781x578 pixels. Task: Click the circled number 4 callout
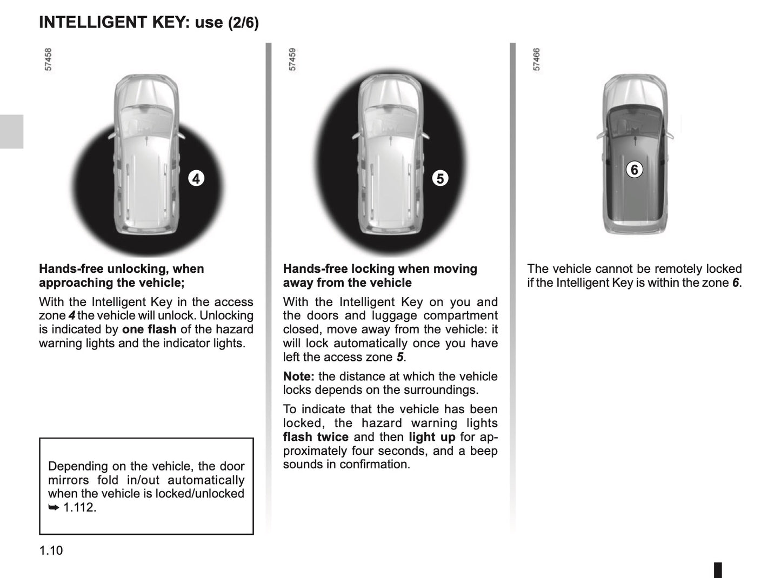tap(196, 178)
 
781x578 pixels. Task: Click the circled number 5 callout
tap(440, 178)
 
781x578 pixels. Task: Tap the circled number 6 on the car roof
tap(635, 170)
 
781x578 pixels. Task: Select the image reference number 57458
tap(49, 59)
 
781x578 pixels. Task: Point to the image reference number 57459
tap(293, 59)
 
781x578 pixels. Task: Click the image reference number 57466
tap(537, 59)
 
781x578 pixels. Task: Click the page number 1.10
tap(51, 550)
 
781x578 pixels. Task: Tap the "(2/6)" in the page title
tap(243, 23)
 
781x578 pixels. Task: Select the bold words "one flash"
tap(149, 330)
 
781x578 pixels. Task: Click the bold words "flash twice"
tap(316, 437)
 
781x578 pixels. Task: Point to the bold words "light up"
tap(432, 437)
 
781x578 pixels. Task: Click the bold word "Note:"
tap(298, 377)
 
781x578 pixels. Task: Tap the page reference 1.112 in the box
tap(79, 507)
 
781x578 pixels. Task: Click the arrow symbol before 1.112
tap(53, 507)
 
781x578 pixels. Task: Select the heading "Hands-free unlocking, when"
tap(121, 269)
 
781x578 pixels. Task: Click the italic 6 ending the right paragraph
tap(736, 283)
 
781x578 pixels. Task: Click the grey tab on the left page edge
tap(11, 131)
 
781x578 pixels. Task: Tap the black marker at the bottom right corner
tap(718, 569)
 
